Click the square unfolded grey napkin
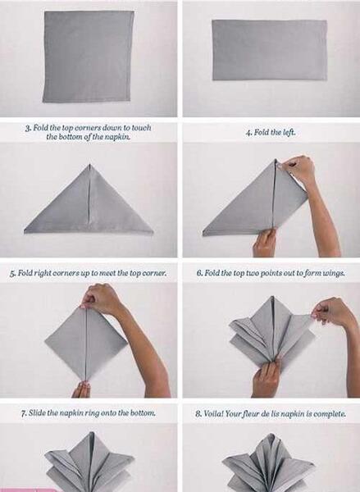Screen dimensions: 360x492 [x=89, y=57]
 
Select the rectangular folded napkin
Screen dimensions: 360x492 [x=270, y=50]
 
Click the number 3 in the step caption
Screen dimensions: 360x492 [x=28, y=128]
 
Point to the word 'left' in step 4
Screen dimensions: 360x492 [x=289, y=132]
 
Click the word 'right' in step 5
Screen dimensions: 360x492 [x=43, y=273]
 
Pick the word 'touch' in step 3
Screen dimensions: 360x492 [x=141, y=128]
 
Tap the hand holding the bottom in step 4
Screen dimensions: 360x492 [x=264, y=243]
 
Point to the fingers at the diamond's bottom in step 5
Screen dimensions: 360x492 [x=81, y=389]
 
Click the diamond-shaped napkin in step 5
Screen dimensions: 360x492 [x=86, y=343]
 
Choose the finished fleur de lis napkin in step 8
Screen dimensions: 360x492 [x=269, y=462]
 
